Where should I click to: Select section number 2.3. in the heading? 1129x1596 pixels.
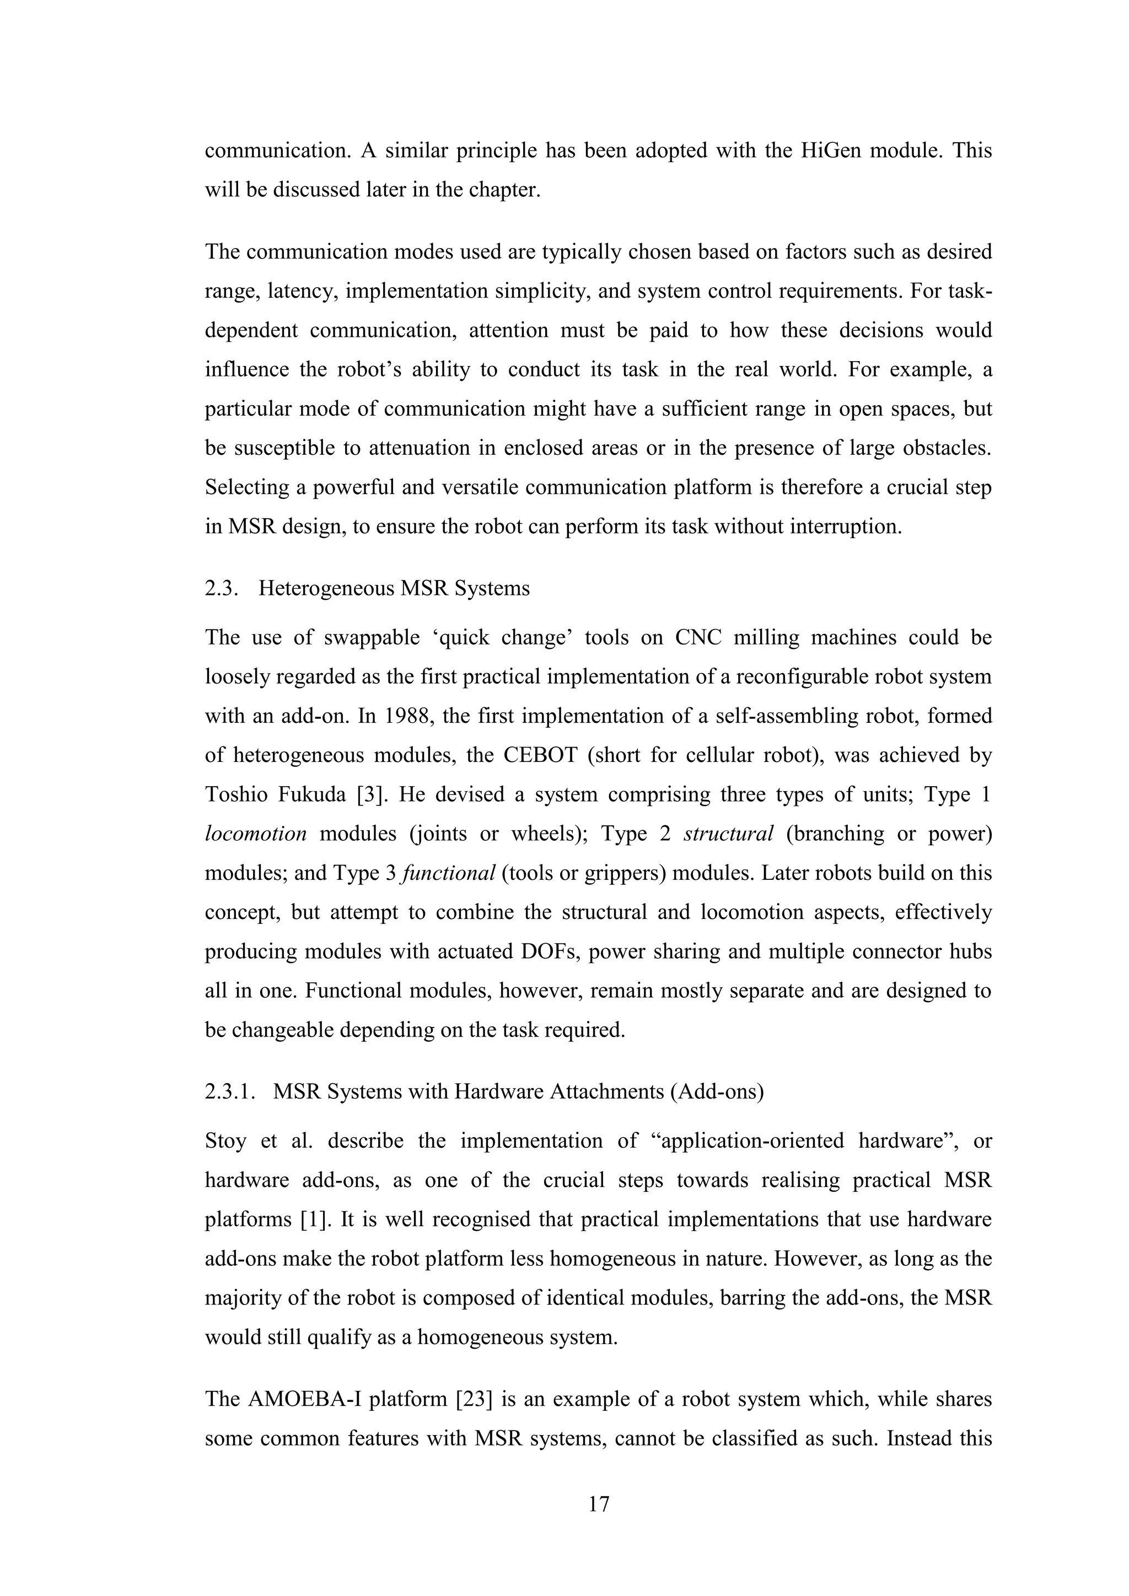[x=222, y=589]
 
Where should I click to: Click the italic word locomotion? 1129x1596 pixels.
[x=255, y=834]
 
